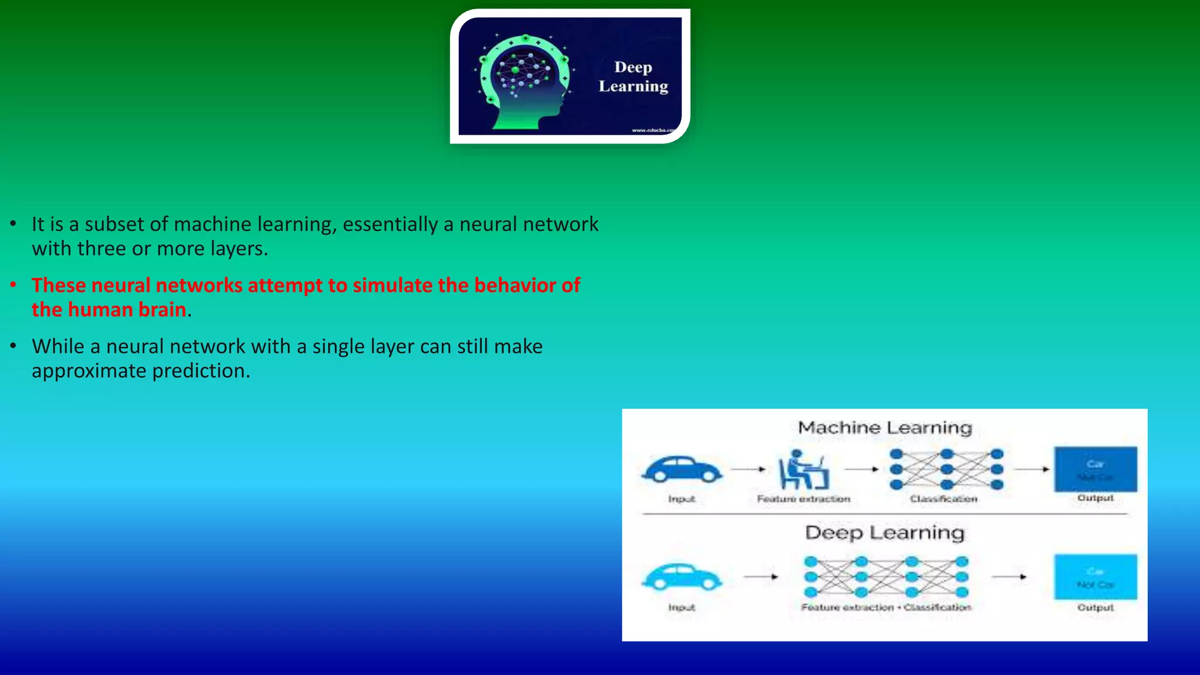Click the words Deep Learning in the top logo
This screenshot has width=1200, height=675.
point(633,77)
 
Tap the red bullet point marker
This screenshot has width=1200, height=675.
point(13,285)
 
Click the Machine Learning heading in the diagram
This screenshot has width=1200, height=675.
point(884,428)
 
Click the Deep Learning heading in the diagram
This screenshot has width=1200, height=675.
point(884,533)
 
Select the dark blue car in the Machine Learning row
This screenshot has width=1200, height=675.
point(681,469)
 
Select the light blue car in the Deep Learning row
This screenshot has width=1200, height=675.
point(681,577)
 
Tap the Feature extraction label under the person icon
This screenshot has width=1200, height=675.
point(803,499)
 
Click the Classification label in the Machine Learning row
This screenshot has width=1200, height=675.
point(943,499)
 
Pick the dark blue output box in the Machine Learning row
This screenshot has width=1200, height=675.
point(1095,469)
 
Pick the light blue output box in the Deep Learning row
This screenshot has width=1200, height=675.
point(1095,577)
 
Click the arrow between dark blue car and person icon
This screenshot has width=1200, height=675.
point(749,469)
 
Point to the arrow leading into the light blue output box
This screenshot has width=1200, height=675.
point(1009,577)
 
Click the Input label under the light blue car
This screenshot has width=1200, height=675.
point(681,608)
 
